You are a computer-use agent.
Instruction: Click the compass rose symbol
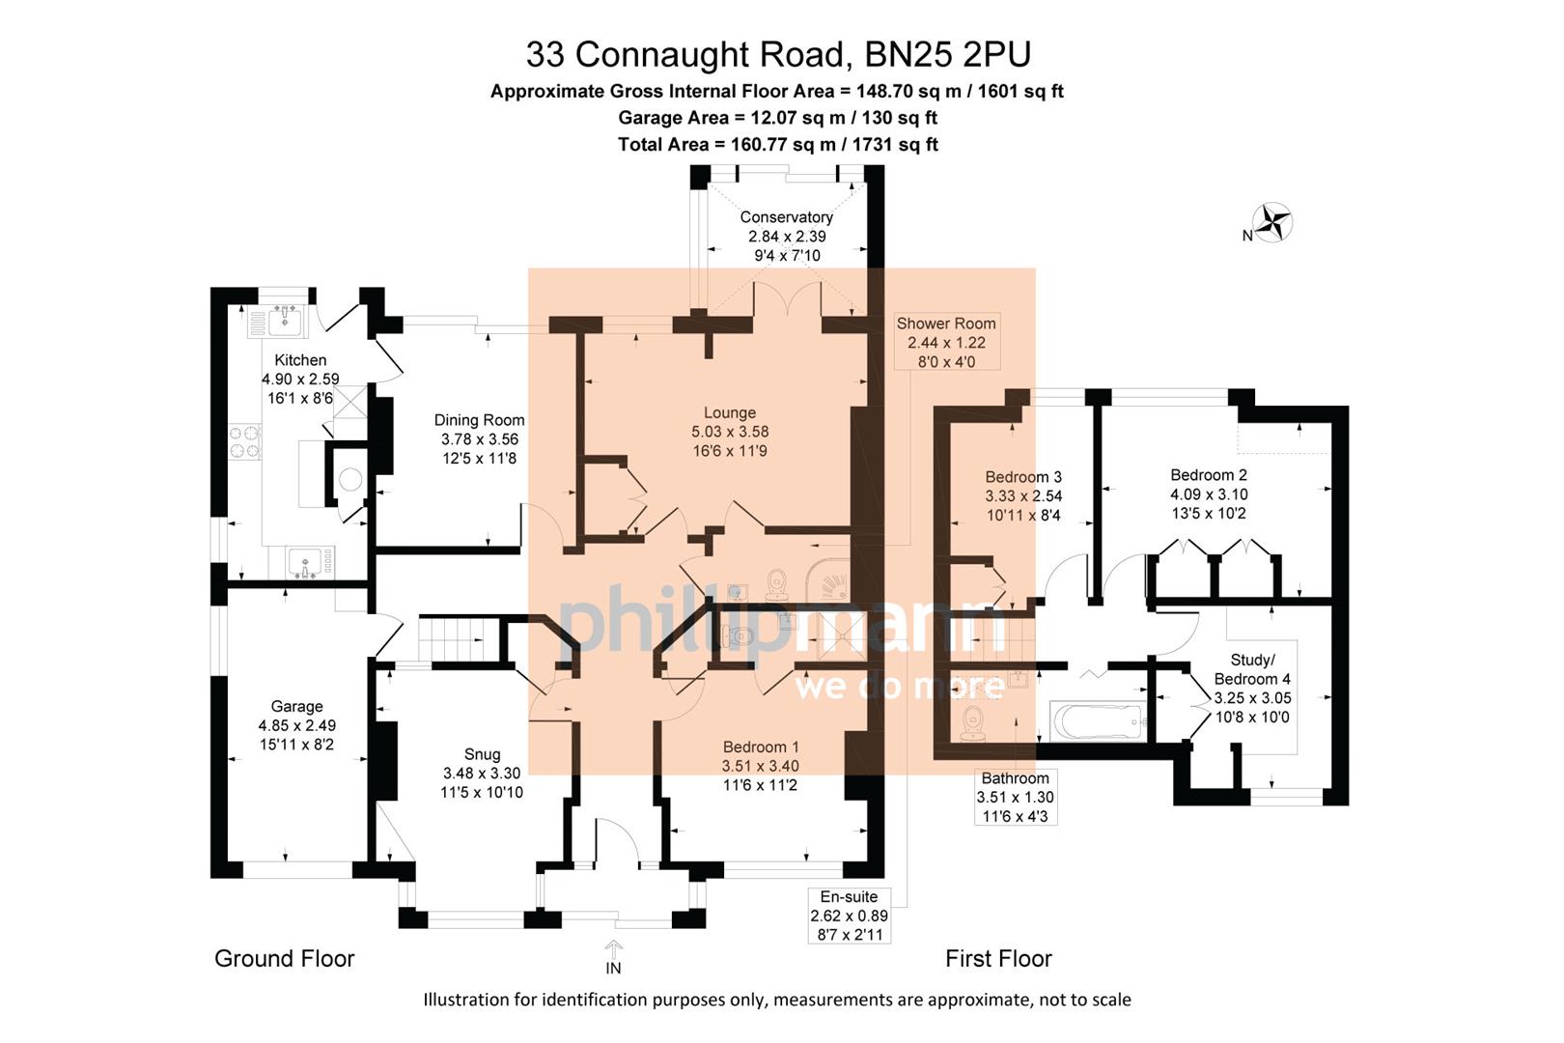tap(1273, 222)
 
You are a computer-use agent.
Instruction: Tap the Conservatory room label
tap(786, 217)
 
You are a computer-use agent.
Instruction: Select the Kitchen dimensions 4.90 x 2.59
tap(300, 380)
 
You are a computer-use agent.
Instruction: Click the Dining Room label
tap(479, 420)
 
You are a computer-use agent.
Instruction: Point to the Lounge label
tap(729, 412)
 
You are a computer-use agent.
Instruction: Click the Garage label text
tap(296, 707)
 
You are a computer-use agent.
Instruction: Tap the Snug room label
tap(482, 754)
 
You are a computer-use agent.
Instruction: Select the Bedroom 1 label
tap(761, 747)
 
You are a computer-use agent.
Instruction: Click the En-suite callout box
tap(849, 916)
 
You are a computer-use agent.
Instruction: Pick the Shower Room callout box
tap(945, 342)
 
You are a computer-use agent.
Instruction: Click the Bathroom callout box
tap(1015, 797)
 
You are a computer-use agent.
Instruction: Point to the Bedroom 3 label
tap(1023, 477)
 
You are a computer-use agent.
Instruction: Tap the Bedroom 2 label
tap(1209, 475)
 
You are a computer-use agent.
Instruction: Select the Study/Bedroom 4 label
tap(1252, 669)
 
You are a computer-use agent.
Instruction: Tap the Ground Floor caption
tap(284, 958)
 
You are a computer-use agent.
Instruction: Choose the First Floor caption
tap(998, 958)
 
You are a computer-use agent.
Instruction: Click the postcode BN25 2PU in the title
tap(947, 54)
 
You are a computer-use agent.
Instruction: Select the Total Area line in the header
tap(777, 145)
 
